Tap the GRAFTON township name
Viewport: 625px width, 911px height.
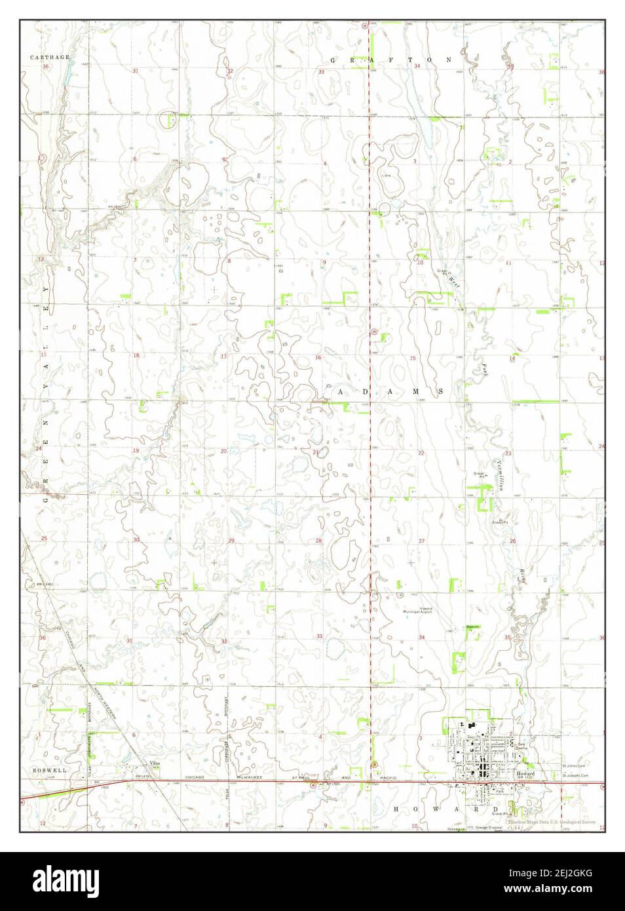pyautogui.click(x=391, y=60)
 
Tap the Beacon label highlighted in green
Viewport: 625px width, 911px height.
pyautogui.click(x=472, y=627)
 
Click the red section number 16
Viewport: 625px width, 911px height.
pyautogui.click(x=318, y=357)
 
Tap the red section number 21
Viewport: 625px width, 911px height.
pyautogui.click(x=315, y=452)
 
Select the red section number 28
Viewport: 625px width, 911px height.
pyautogui.click(x=319, y=541)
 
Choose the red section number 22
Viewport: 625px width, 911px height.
pyautogui.click(x=421, y=453)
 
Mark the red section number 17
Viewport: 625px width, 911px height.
pyautogui.click(x=223, y=357)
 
